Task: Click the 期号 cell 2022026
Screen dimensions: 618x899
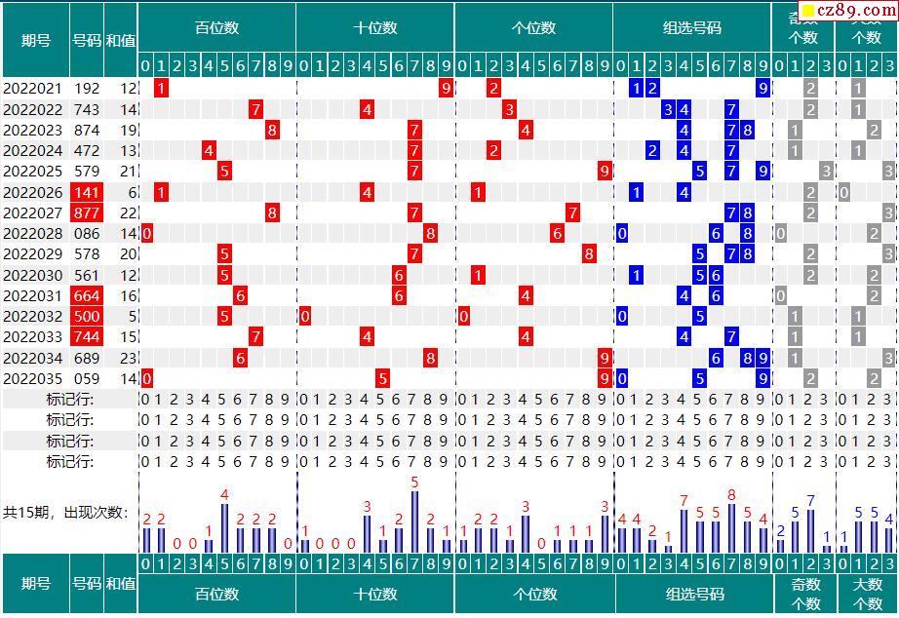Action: [x=33, y=192]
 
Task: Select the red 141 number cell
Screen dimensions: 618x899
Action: [x=87, y=192]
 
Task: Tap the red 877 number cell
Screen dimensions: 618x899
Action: [x=87, y=212]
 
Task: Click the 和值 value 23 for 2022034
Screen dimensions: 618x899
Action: [x=128, y=358]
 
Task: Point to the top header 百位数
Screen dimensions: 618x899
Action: [x=216, y=27]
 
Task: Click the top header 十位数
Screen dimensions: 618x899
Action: [x=374, y=27]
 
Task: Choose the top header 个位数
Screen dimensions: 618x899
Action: [x=533, y=27]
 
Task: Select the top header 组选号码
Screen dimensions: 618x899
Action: [x=691, y=27]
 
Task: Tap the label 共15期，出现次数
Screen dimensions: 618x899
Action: [x=65, y=512]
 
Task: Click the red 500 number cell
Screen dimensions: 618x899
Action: [x=87, y=316]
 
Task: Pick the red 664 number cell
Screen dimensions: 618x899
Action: [x=87, y=295]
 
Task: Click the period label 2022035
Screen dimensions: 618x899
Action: [x=33, y=378]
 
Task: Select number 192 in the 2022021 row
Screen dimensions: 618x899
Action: [x=87, y=88]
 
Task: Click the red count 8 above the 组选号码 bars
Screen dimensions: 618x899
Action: [x=731, y=495]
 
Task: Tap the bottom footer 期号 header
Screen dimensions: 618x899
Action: [x=35, y=583]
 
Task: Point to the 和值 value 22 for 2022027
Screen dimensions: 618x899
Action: [x=128, y=212]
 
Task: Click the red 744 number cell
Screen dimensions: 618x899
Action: [x=87, y=336]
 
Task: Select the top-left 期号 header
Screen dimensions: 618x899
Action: [x=35, y=40]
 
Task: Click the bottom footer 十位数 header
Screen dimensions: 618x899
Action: [x=374, y=594]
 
